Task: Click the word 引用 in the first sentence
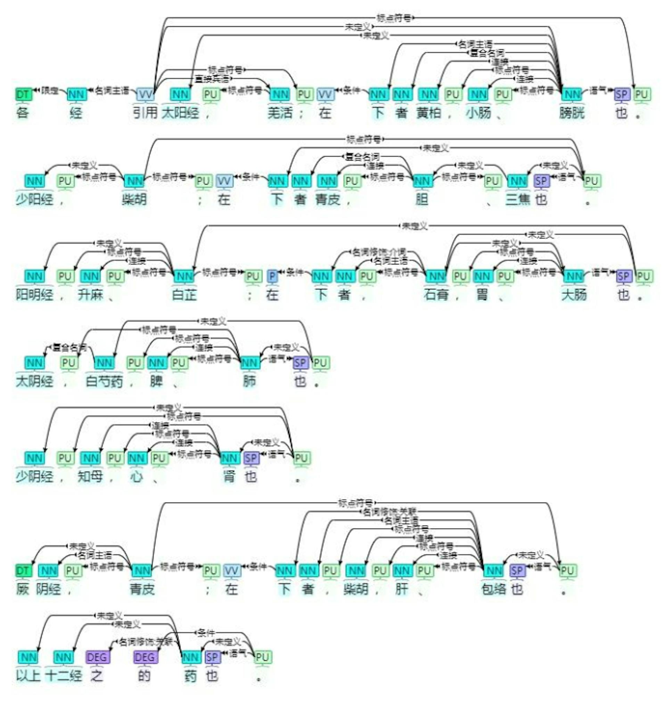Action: [145, 113]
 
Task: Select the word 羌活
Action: [280, 113]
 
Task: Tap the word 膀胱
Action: [572, 113]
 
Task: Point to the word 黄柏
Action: [429, 113]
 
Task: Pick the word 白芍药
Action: [104, 381]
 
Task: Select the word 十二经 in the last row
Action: [64, 675]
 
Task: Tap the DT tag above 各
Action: [23, 94]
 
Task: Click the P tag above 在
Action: [272, 276]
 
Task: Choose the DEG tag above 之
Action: [97, 657]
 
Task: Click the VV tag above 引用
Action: [146, 94]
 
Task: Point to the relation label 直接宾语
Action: [212, 79]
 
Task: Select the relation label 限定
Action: [50, 90]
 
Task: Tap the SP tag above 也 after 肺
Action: [300, 363]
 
